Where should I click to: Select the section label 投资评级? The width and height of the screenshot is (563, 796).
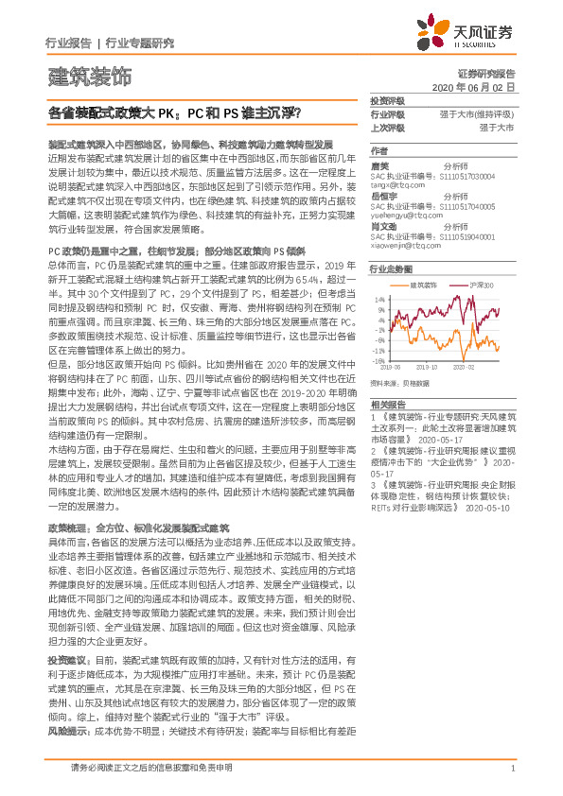click(x=387, y=100)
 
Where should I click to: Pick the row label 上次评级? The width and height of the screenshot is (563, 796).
click(x=387, y=126)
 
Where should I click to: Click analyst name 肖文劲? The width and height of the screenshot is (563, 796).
click(x=383, y=226)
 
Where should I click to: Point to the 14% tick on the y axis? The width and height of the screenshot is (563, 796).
click(x=378, y=297)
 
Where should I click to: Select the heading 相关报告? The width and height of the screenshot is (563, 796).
click(x=387, y=403)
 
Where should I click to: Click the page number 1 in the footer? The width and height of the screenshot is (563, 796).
click(x=512, y=768)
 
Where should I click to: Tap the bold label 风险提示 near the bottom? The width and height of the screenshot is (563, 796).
click(x=66, y=706)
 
